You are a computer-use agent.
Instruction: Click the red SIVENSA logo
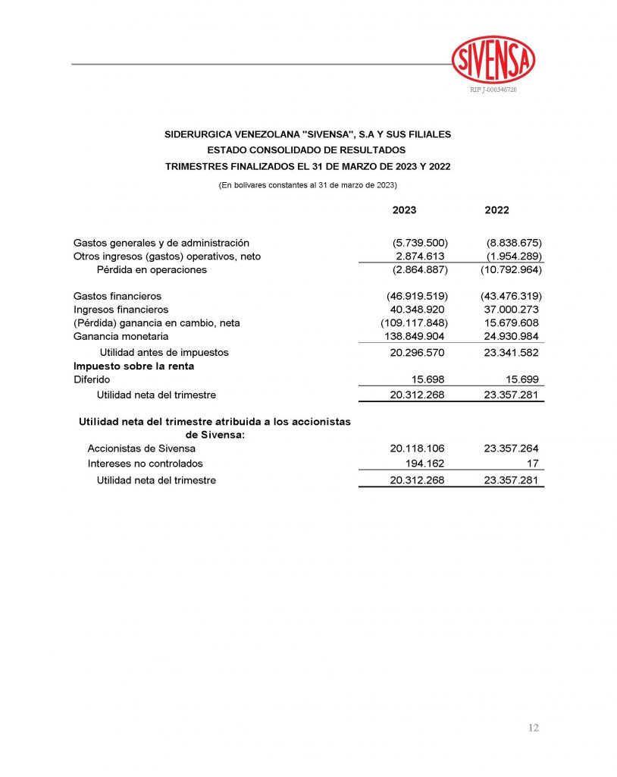[493, 60]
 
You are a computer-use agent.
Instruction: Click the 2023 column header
[404, 210]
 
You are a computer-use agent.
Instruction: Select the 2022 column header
[496, 210]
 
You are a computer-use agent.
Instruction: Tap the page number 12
[533, 728]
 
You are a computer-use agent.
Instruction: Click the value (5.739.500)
[420, 243]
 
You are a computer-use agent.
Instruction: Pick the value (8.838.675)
[513, 243]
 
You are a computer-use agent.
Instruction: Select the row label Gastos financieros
[117, 296]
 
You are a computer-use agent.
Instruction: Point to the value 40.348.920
[417, 310]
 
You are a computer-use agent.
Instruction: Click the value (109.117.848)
[414, 323]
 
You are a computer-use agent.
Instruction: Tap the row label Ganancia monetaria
[121, 336]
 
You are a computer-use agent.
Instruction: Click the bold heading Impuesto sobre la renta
[133, 366]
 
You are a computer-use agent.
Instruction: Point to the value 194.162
[424, 464]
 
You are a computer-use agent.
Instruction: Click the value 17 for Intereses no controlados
[533, 464]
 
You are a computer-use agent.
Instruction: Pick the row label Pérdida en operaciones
[152, 269]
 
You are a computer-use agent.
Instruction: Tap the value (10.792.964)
[511, 269]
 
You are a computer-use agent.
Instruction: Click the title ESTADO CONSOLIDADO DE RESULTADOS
[307, 150]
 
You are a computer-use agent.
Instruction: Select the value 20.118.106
[417, 448]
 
